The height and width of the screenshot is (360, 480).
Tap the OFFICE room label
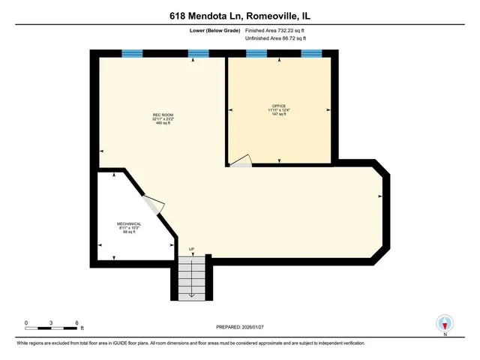[280, 106]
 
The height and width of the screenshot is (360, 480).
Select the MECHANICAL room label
[130, 223]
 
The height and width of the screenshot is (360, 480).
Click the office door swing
[241, 161]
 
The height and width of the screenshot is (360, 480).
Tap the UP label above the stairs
[191, 250]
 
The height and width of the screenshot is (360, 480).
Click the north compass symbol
[444, 323]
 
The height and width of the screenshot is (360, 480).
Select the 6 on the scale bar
[76, 322]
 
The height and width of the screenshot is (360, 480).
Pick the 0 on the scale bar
[26, 322]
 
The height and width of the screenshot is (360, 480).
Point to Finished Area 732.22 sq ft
[275, 30]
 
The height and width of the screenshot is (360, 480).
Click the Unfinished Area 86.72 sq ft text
[275, 37]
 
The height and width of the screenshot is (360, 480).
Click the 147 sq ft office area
[280, 115]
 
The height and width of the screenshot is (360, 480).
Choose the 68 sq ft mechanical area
[130, 232]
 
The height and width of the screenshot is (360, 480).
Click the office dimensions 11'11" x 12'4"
[280, 110]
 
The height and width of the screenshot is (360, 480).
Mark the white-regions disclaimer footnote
[192, 343]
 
